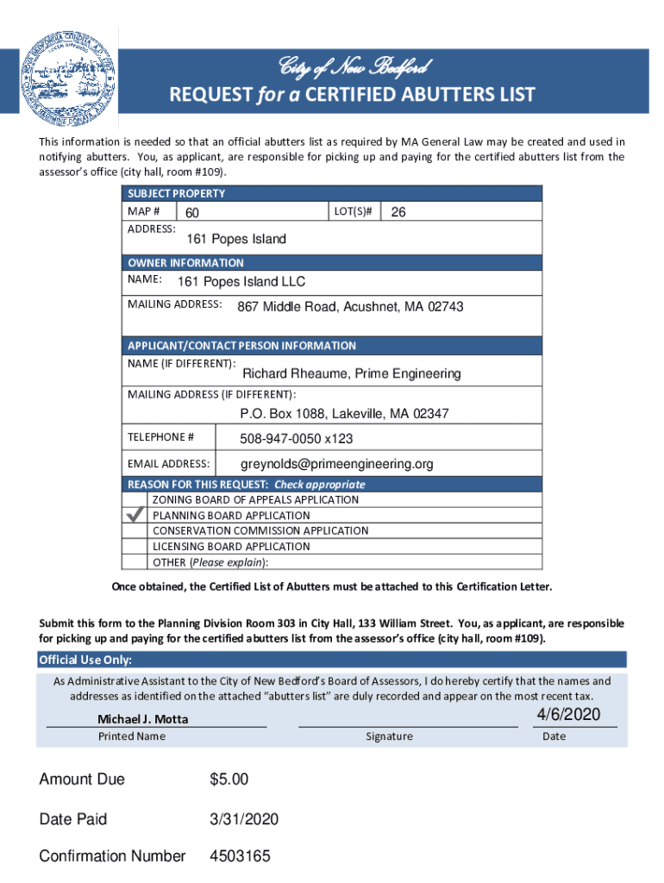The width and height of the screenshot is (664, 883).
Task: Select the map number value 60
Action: pyautogui.click(x=192, y=213)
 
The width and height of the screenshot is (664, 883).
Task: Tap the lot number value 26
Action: pyautogui.click(x=398, y=212)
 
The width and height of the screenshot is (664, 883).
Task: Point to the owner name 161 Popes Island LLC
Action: pyautogui.click(x=241, y=282)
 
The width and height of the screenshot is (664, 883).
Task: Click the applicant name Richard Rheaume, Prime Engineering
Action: pyautogui.click(x=351, y=373)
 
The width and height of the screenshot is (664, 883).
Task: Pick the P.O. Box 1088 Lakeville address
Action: pyautogui.click(x=344, y=414)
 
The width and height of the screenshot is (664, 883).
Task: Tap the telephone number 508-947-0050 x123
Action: pyautogui.click(x=296, y=439)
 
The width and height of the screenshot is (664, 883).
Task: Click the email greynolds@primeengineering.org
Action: pyautogui.click(x=336, y=464)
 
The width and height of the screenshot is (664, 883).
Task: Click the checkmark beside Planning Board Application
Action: pyautogui.click(x=135, y=515)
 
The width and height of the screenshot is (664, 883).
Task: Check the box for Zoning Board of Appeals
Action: pyautogui.click(x=135, y=499)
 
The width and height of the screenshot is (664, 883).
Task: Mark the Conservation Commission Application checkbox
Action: pyautogui.click(x=135, y=531)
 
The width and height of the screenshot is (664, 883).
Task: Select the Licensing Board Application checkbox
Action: pyautogui.click(x=135, y=547)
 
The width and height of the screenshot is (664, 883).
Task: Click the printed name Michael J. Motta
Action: pyautogui.click(x=143, y=719)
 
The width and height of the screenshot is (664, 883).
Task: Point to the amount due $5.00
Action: pyautogui.click(x=229, y=780)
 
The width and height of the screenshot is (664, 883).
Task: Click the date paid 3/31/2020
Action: pyautogui.click(x=244, y=818)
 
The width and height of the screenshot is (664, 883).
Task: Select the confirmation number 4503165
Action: pyautogui.click(x=240, y=856)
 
